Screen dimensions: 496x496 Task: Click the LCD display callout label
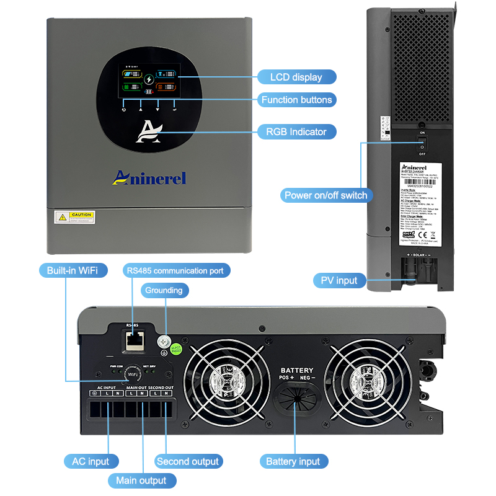click(296, 77)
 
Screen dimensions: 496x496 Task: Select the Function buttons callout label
click(296, 100)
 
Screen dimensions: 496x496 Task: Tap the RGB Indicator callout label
click(296, 131)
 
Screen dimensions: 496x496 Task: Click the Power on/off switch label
click(325, 195)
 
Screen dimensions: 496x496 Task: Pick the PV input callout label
click(339, 280)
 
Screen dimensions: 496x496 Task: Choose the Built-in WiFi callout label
click(72, 270)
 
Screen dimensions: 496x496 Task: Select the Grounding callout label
click(164, 290)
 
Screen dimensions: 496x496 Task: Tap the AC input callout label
click(91, 461)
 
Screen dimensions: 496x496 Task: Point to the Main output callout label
click(141, 480)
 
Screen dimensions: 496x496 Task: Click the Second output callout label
click(187, 461)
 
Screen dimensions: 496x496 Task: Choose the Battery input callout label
click(293, 461)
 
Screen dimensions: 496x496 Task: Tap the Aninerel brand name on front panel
click(149, 178)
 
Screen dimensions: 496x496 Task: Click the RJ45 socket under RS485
click(133, 339)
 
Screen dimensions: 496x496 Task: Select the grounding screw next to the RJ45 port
click(165, 340)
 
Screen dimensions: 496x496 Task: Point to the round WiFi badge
click(132, 375)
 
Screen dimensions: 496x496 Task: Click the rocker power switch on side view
click(422, 143)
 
